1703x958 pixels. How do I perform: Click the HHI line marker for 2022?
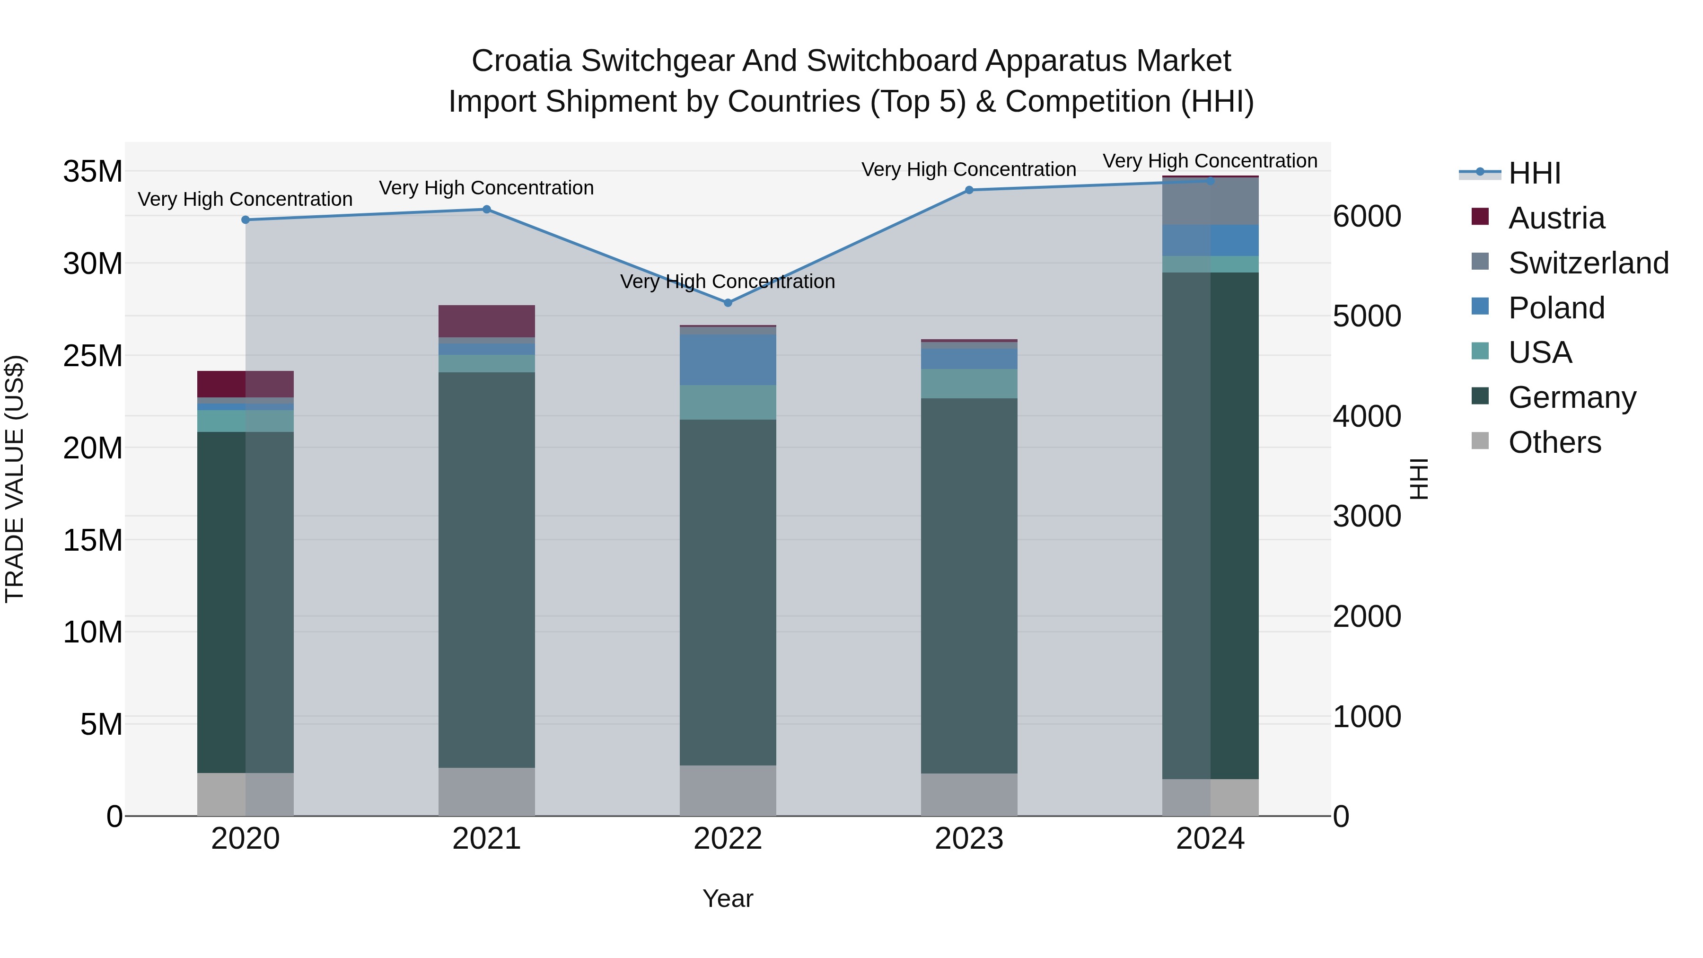728,303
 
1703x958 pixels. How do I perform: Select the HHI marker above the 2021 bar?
487,210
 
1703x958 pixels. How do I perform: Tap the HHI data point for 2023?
969,190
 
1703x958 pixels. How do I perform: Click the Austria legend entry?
1556,218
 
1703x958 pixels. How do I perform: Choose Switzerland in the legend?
1588,263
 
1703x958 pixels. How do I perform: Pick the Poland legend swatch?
1480,307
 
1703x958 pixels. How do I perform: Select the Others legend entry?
1554,442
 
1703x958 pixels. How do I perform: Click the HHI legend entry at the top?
1534,173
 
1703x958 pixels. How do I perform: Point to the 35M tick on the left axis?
93,172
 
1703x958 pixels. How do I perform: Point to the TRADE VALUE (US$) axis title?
15,479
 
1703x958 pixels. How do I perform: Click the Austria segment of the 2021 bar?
487,321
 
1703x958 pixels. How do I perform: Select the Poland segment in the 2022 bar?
728,360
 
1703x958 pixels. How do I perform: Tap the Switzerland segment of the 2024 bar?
1211,202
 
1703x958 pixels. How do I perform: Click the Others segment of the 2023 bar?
969,795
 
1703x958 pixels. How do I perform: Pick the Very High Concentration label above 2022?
728,281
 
